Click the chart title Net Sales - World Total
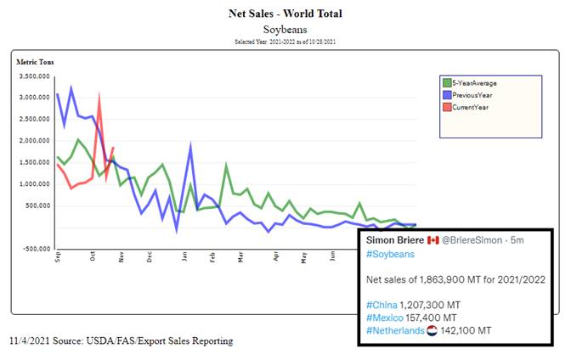click(285, 14)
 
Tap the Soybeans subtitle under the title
click(285, 29)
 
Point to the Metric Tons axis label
click(35, 61)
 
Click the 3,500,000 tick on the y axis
click(36, 76)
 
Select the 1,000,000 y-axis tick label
click(36, 184)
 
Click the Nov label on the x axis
click(122, 256)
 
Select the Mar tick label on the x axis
click(240, 256)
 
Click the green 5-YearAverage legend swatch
click(447, 82)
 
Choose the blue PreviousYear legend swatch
click(447, 95)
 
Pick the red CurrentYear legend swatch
click(447, 108)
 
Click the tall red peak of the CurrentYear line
click(100, 95)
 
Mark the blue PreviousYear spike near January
click(190, 146)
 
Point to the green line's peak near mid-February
click(226, 165)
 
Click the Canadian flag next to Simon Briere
click(432, 241)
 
